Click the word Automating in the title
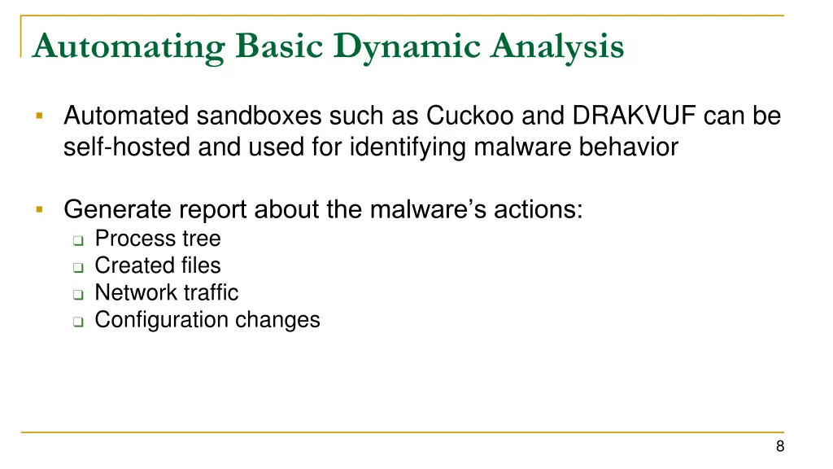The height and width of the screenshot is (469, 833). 129,46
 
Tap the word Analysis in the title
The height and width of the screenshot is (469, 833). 558,46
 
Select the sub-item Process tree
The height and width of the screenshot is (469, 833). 157,239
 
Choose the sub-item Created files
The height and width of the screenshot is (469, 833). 157,265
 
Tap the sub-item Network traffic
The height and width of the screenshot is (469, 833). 166,292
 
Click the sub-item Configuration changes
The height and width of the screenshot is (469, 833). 207,320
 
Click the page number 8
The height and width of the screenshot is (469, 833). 780,445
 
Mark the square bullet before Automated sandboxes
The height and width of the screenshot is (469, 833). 38,117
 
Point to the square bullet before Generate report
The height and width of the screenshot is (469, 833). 38,210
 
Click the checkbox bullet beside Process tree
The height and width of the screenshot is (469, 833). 77,240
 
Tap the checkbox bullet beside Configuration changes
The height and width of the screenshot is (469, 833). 77,322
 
